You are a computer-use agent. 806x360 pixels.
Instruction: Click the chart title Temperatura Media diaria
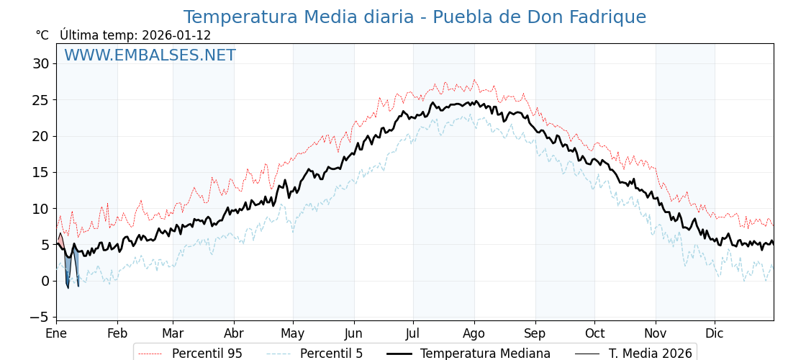pos(415,17)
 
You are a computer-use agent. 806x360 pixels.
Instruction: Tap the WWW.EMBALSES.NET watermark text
pos(150,55)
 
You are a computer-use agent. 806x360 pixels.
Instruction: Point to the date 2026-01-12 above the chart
pos(176,35)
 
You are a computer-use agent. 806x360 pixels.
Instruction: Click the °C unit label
pos(42,35)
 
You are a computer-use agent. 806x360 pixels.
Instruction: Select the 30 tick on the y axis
pos(40,63)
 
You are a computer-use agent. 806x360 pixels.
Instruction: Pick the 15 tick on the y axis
pos(40,172)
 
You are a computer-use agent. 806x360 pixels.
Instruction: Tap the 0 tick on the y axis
pos(45,281)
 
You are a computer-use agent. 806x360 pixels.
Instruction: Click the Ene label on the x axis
pos(56,333)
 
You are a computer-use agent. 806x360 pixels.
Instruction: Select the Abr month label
pos(234,333)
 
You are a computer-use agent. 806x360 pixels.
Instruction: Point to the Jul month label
pos(413,333)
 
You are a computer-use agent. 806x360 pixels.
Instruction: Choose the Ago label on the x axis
pos(474,333)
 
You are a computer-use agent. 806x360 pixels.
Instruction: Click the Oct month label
pos(594,333)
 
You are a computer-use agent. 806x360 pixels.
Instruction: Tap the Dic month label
pos(715,333)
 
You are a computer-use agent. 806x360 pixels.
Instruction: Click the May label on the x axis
pos(293,333)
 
